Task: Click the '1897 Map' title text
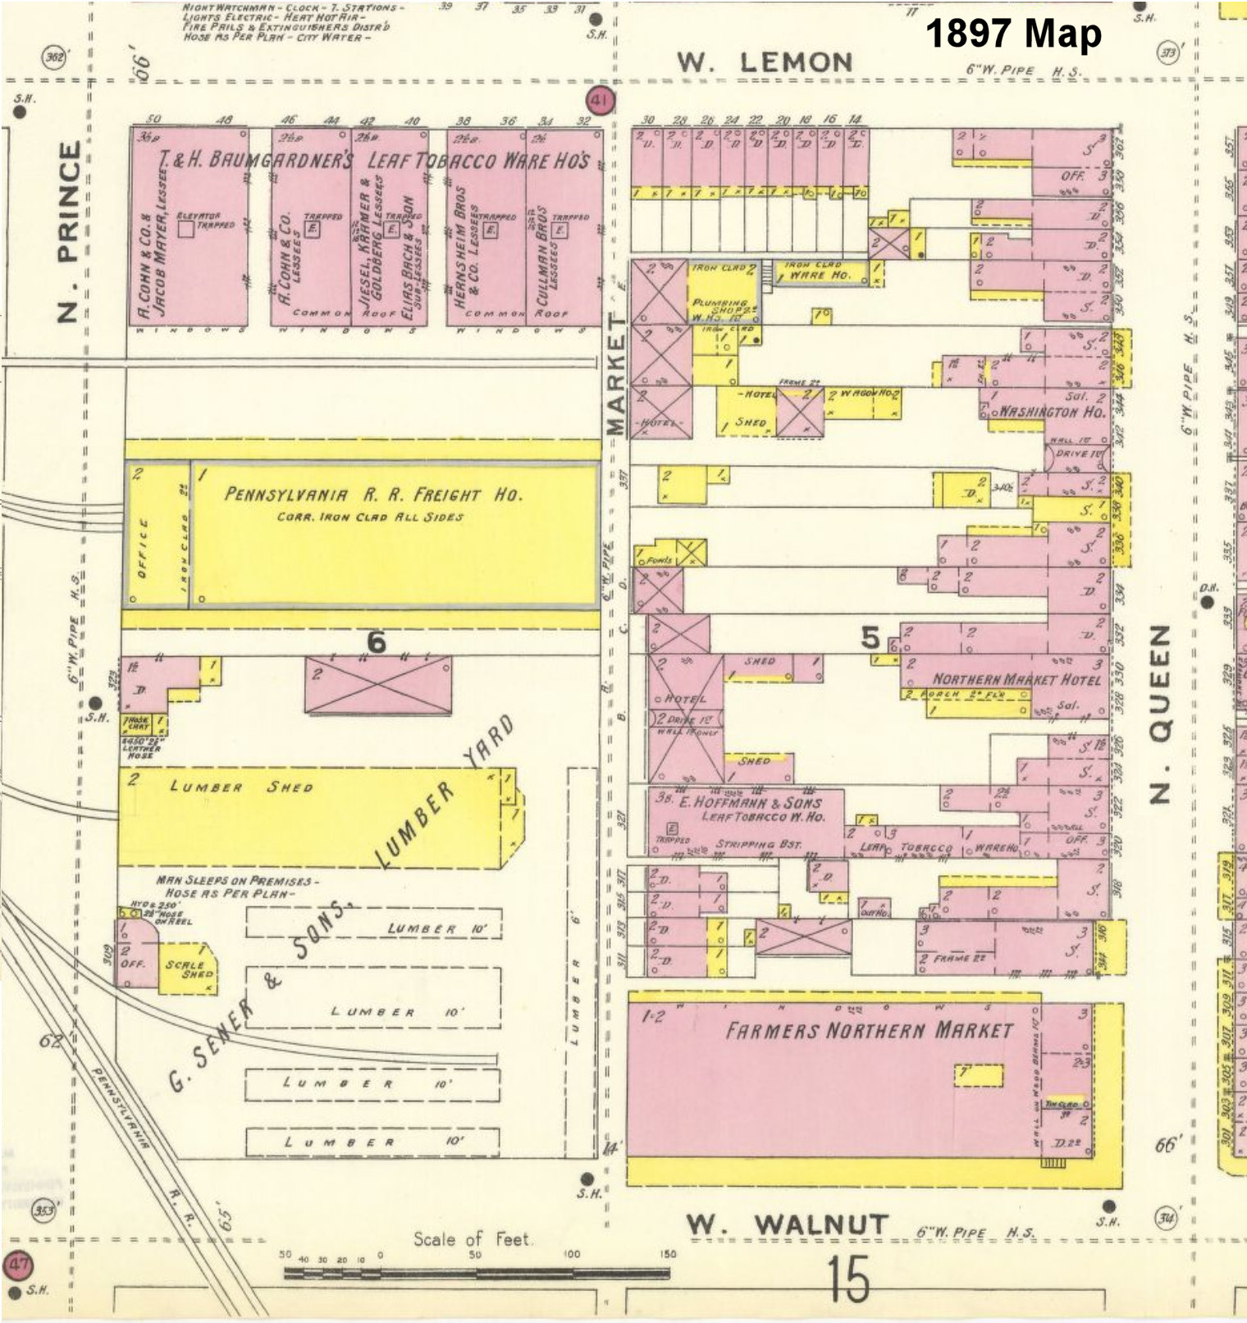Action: (x=1013, y=34)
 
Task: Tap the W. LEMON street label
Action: (x=765, y=62)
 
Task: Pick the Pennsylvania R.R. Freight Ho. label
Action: (x=373, y=495)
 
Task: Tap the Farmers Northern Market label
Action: (x=869, y=1030)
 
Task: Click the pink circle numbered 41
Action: (x=601, y=102)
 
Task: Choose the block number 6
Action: (x=376, y=642)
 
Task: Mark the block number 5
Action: (x=870, y=637)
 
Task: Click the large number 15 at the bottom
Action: (x=847, y=1280)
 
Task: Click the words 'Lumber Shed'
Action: (x=241, y=787)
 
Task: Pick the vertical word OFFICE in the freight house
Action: (x=143, y=549)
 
